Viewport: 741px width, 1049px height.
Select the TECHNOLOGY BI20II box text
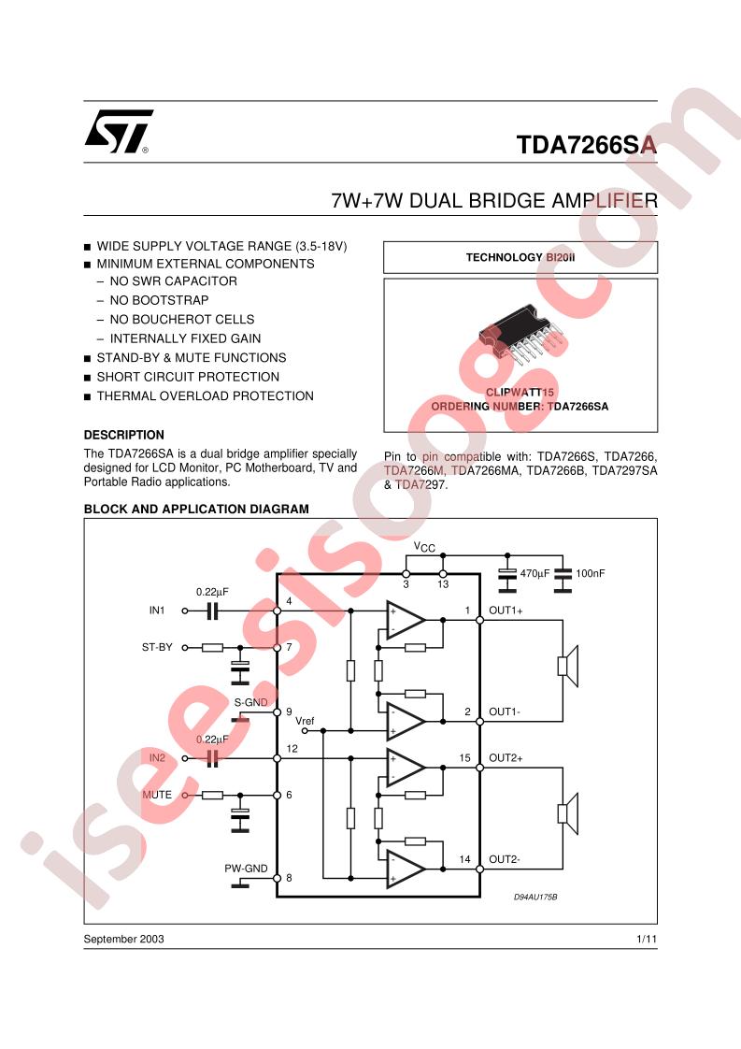pos(520,257)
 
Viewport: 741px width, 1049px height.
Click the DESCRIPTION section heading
pos(123,435)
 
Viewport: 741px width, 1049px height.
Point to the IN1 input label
pos(157,611)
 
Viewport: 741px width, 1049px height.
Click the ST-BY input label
pos(157,647)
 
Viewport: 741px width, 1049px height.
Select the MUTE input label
pos(157,795)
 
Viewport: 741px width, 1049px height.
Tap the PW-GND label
pos(246,868)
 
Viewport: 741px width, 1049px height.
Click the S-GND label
pos(249,701)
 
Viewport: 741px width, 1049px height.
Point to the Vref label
pos(306,721)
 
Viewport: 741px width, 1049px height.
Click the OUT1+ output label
pos(506,611)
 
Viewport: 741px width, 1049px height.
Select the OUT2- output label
pos(505,859)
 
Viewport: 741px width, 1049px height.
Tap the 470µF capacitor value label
pos(535,572)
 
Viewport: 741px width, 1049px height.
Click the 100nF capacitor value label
pos(591,572)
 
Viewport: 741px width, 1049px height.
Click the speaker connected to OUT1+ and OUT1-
pos(567,665)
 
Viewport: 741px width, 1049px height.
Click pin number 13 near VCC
pos(443,585)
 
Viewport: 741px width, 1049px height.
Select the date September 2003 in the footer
pos(123,939)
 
